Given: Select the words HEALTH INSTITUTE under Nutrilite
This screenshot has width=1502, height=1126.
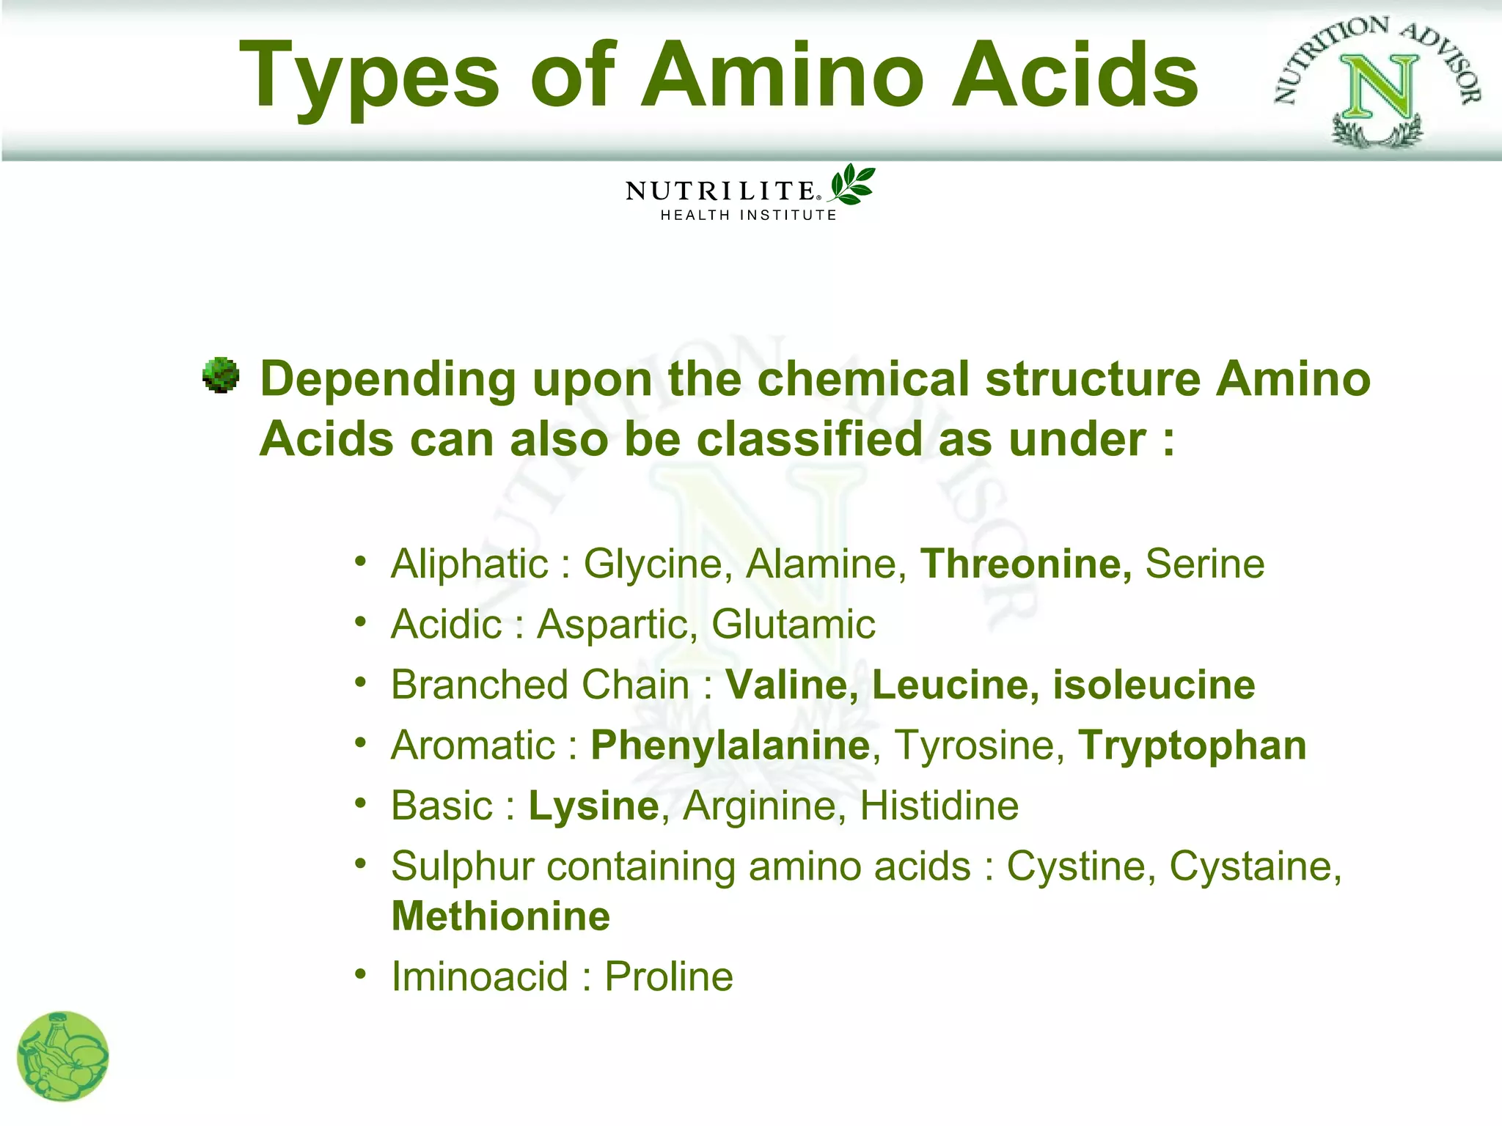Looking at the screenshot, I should pos(748,216).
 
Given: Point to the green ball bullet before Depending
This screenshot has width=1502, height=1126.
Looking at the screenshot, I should pos(221,376).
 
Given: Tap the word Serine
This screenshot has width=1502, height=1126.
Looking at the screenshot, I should pos(1205,564).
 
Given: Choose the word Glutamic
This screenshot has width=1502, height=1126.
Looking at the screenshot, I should pos(794,625).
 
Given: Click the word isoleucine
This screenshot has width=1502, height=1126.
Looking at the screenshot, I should pos(1154,685).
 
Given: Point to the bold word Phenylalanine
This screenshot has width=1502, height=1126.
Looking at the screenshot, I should pos(730,746).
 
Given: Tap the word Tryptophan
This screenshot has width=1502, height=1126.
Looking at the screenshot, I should pos(1193,746).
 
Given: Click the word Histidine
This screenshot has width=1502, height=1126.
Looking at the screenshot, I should pos(939,806).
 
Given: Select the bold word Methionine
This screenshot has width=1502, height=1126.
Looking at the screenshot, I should pos(501,916).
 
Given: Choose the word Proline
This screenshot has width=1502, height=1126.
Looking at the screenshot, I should pos(669,976).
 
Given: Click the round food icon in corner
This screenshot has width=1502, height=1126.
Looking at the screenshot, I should pos(62,1056).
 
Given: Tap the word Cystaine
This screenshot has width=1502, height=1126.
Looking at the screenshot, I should pos(1254,866).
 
